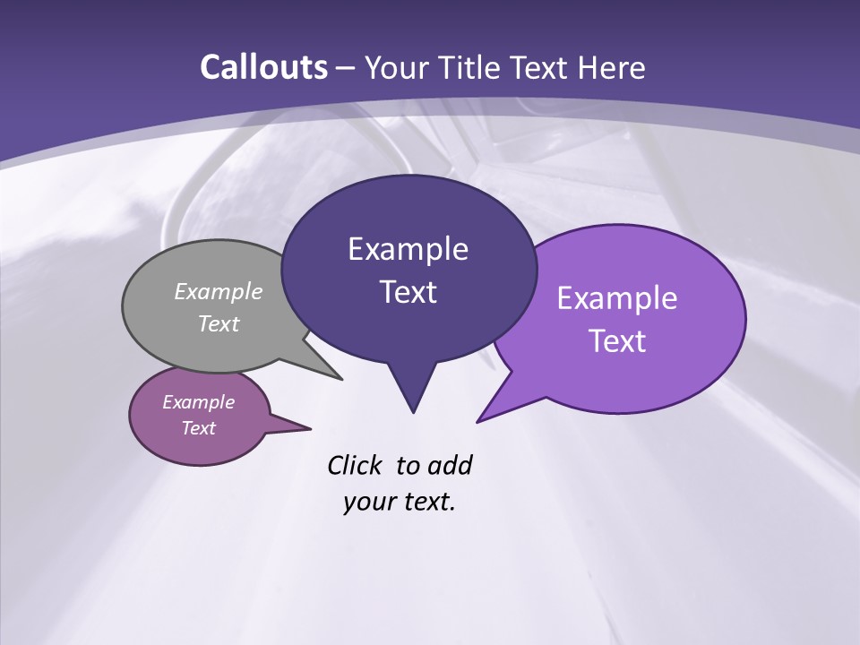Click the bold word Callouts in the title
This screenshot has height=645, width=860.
[263, 67]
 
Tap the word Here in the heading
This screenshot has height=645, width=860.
[611, 67]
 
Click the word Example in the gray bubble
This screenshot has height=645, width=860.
[219, 292]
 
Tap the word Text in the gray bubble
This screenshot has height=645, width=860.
[219, 324]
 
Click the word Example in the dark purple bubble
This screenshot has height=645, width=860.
[408, 249]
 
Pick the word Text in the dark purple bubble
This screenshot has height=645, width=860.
[408, 292]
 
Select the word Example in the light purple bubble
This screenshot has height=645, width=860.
[617, 298]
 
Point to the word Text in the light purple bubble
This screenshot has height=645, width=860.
[617, 341]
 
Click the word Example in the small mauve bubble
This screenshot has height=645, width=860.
[199, 402]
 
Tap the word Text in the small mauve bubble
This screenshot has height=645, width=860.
[199, 428]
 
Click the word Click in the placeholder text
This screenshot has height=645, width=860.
[355, 465]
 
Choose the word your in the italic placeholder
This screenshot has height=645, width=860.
[367, 502]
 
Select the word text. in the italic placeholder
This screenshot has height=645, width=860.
[426, 502]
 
